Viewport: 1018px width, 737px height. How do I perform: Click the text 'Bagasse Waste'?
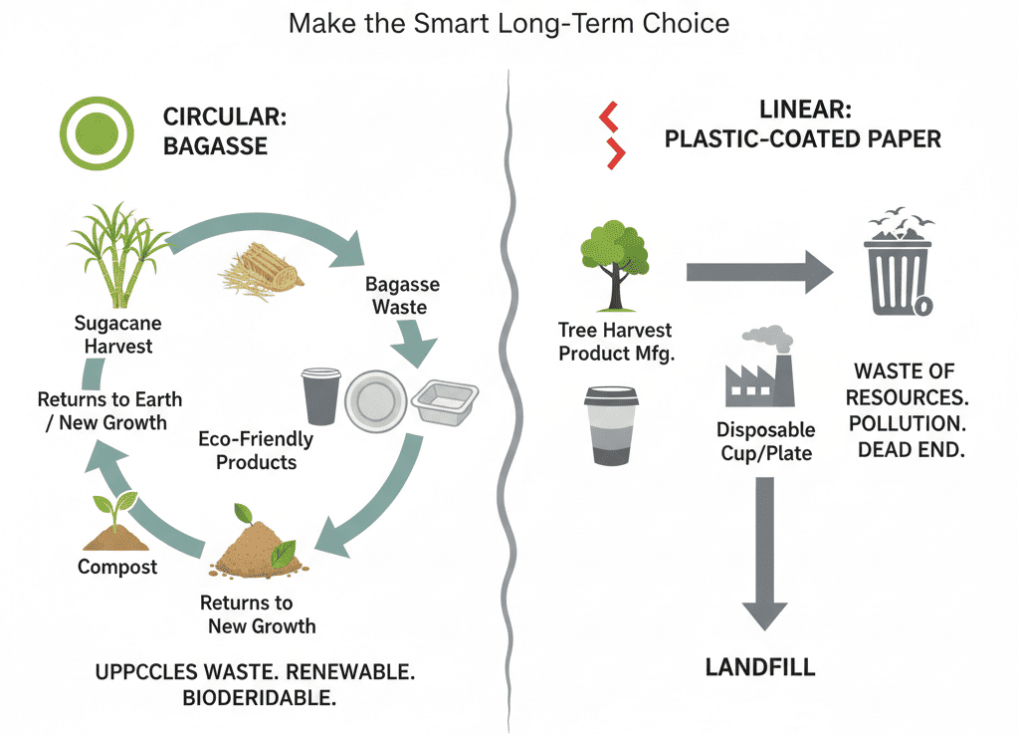coord(402,296)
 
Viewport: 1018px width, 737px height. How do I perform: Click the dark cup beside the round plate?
coord(320,395)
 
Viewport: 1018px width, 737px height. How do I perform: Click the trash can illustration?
coord(900,263)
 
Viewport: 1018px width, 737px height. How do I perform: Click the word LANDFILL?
coord(760,666)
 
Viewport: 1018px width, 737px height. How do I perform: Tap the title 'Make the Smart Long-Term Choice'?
coord(509,23)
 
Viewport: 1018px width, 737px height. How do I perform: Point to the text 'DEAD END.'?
coord(911,450)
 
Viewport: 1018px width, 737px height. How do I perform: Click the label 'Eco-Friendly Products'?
coord(256,450)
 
